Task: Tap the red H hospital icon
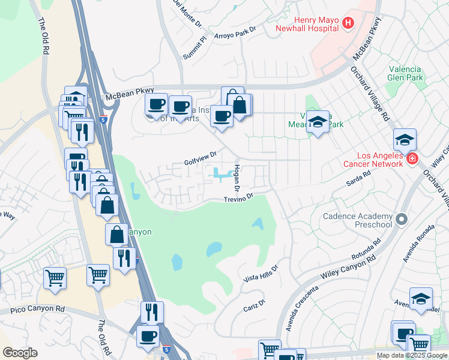[x=348, y=23]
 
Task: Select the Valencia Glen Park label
[x=414, y=73]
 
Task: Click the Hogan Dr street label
[x=237, y=178]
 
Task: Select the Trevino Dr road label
[x=240, y=199]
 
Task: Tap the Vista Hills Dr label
[x=261, y=274]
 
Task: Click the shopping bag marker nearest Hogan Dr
[x=240, y=105]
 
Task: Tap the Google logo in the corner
[x=20, y=352]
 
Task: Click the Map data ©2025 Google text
[x=412, y=355]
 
